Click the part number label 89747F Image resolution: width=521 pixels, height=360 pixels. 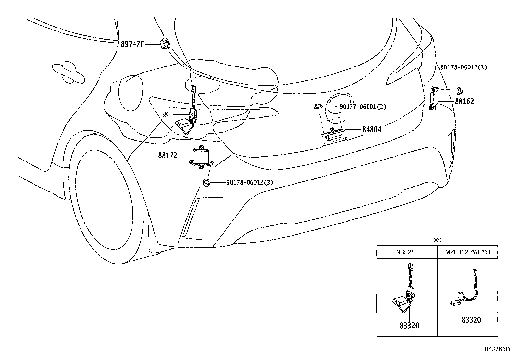132,44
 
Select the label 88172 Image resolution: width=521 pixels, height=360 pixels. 168,156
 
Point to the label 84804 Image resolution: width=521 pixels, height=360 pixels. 372,130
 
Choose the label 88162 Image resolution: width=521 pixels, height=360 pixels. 464,101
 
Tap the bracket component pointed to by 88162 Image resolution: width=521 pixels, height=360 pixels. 434,98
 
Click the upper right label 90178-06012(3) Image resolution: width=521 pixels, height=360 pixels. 463,67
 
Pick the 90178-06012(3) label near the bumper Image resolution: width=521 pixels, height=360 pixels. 249,182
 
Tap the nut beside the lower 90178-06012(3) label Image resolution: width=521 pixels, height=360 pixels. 207,182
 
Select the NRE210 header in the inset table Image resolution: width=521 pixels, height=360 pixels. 407,252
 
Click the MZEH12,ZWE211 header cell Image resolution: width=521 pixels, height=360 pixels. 468,252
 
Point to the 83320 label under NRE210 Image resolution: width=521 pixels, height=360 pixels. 409,325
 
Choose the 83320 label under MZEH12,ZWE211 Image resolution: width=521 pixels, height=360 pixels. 471,320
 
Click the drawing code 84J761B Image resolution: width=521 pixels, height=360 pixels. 497,349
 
